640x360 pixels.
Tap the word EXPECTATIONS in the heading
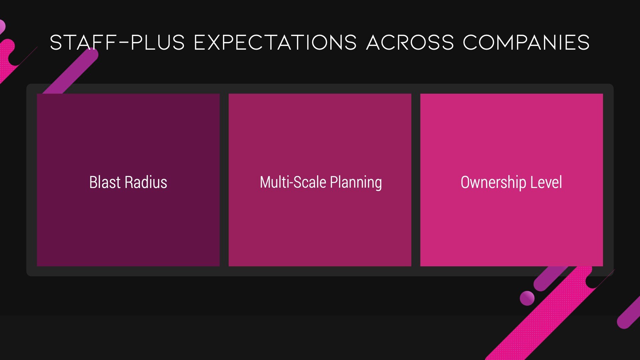click(x=275, y=42)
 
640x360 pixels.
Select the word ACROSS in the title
click(x=410, y=42)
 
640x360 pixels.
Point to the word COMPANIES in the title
click(x=526, y=42)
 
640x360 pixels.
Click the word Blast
click(x=105, y=182)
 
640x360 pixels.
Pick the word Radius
click(x=146, y=182)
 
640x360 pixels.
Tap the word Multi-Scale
click(x=293, y=182)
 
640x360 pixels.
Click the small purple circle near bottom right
click(x=527, y=298)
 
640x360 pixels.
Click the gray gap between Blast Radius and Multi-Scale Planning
click(x=224, y=180)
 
